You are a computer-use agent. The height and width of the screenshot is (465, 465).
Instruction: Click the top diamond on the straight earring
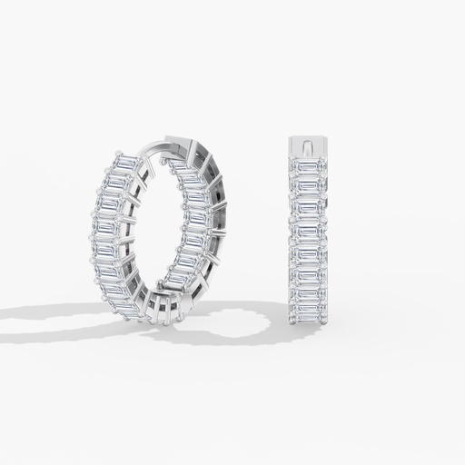310,166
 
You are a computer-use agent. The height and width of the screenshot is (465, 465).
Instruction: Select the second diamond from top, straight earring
310,186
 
